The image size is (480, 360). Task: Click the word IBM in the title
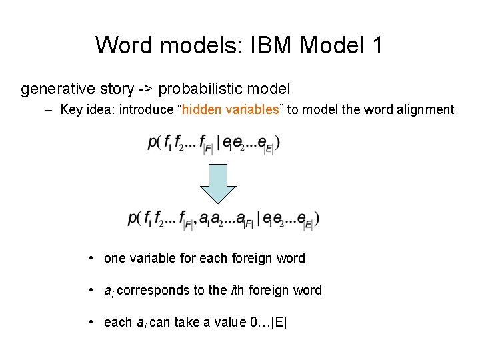coord(273,46)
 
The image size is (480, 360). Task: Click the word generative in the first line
coord(52,89)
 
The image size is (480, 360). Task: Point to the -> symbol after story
coord(145,89)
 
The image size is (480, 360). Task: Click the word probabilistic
coord(199,89)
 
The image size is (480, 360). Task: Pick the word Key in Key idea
coord(71,109)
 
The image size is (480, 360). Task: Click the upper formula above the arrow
coord(213,143)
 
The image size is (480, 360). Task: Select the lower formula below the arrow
coord(223,219)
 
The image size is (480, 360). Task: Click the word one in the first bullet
coord(115,258)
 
